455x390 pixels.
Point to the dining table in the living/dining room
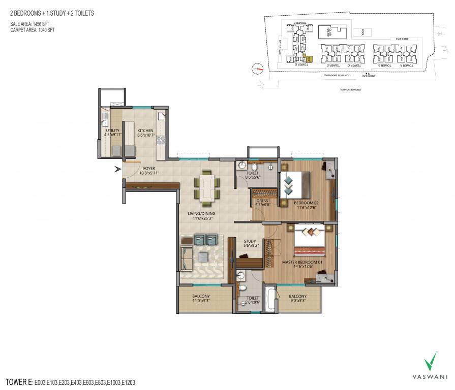coord(206,185)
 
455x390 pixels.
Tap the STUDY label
coord(249,242)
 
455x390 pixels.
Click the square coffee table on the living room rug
coord(206,255)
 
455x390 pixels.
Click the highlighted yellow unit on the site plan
coord(305,58)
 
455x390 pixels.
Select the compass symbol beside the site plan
coord(259,67)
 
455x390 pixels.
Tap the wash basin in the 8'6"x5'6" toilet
coord(243,166)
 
